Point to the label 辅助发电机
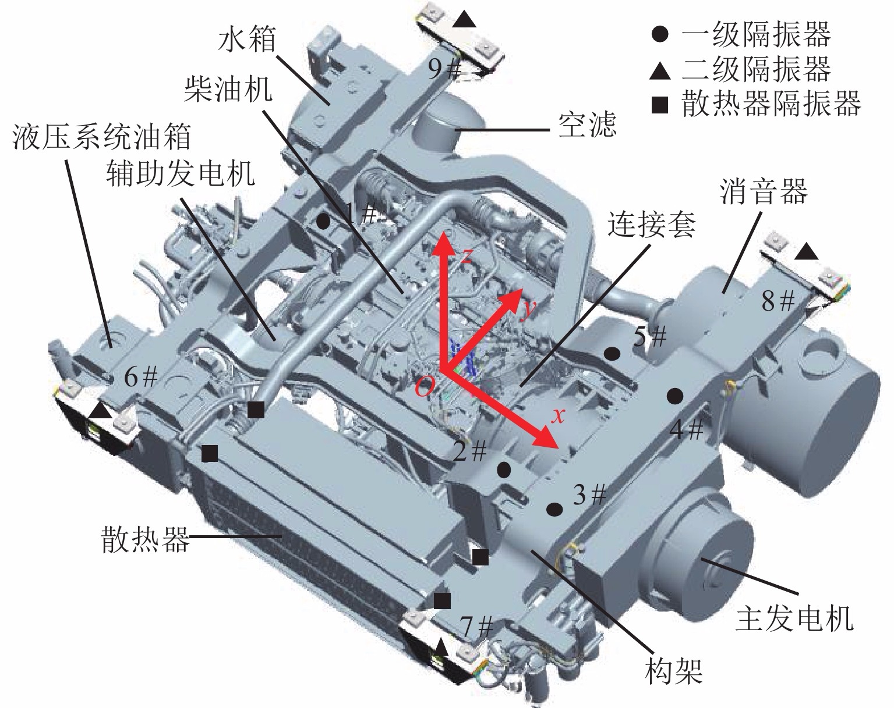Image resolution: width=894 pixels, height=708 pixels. [x=180, y=173]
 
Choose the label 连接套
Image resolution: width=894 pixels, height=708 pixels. [x=651, y=224]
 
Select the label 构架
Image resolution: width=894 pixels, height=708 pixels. [x=674, y=669]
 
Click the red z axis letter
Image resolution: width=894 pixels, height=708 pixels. [x=465, y=257]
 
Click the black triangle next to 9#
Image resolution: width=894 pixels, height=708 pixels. [x=464, y=20]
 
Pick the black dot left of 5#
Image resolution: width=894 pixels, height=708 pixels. [x=612, y=353]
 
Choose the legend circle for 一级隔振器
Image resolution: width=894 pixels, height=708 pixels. [x=659, y=35]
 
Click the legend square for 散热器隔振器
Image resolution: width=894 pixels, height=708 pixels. [x=659, y=105]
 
